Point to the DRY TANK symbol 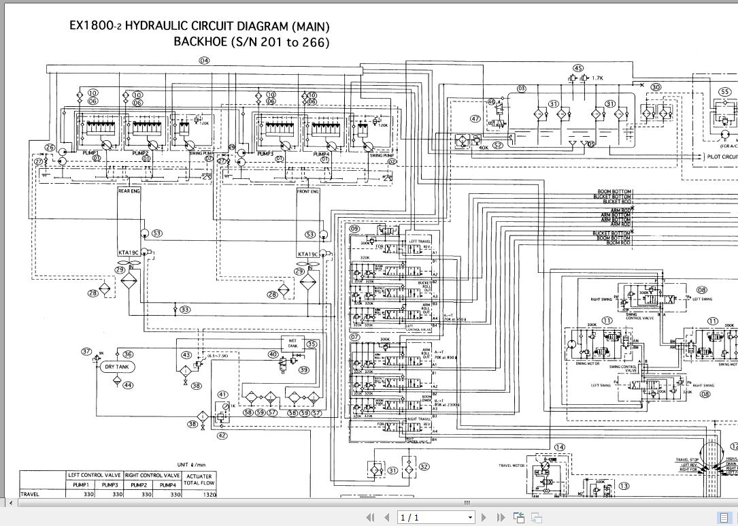coord(117,367)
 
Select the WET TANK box coord(292,342)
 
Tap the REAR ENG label coord(129,191)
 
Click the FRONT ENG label coord(308,191)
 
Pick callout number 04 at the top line coord(204,61)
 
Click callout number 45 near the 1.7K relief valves coord(578,68)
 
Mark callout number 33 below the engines coord(185,310)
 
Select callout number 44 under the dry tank coord(128,385)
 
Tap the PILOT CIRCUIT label coord(722,157)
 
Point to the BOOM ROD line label coord(618,243)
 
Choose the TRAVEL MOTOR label coord(514,465)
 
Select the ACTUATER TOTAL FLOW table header coord(199,480)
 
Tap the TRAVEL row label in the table coord(31,495)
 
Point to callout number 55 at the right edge coord(724,92)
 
